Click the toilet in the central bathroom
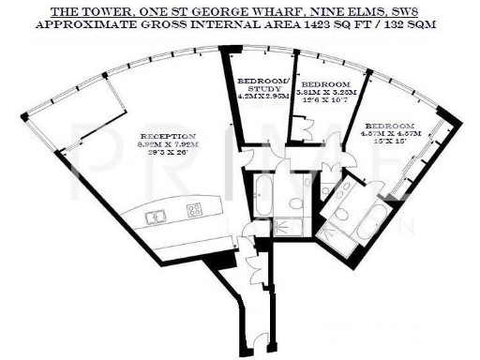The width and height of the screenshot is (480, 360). pos(296,202)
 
